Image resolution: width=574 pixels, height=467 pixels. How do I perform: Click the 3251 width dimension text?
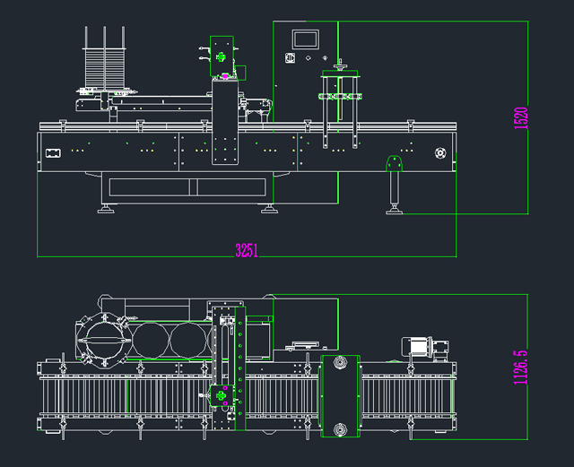click(247, 251)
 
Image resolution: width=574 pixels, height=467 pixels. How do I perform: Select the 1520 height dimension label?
click(522, 118)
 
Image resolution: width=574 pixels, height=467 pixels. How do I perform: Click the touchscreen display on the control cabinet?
click(306, 39)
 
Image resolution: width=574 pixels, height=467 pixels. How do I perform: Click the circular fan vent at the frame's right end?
click(440, 152)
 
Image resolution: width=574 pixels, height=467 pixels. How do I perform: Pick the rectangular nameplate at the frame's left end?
click(53, 152)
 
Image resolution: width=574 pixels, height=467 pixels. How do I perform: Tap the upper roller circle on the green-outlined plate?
click(340, 363)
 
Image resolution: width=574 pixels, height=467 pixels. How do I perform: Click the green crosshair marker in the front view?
click(221, 57)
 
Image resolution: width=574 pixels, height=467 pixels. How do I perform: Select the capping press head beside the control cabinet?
click(339, 88)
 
